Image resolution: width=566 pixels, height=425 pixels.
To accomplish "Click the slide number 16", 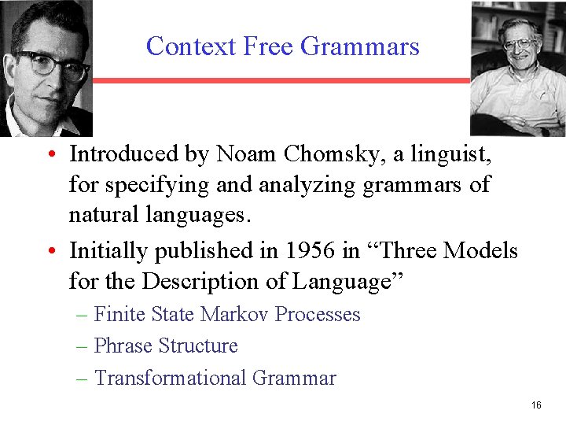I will [536, 405].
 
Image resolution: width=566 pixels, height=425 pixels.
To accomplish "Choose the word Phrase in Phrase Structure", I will [123, 346].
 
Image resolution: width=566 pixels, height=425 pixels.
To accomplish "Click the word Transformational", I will [170, 379].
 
